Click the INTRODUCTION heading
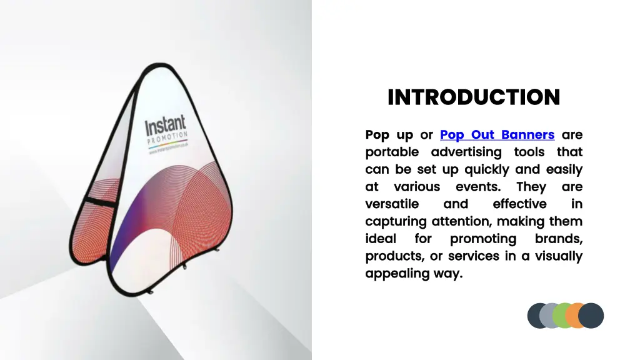pyautogui.click(x=474, y=97)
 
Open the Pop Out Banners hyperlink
pyautogui.click(x=497, y=134)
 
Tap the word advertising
pyautogui.click(x=466, y=152)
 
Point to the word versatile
pyautogui.click(x=392, y=204)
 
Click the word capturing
pyautogui.click(x=396, y=221)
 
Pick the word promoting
pyautogui.click(x=483, y=239)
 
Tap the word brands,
pyautogui.click(x=558, y=239)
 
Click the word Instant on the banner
pyautogui.click(x=165, y=124)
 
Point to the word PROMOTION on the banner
pyautogui.click(x=167, y=139)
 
